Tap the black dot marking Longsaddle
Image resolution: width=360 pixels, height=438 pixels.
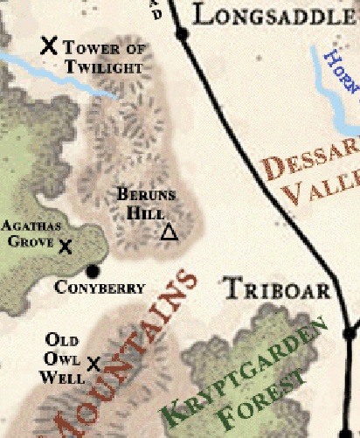point(182,34)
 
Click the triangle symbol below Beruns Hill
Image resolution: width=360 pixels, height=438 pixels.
point(169,233)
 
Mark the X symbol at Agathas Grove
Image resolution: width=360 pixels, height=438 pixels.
point(65,247)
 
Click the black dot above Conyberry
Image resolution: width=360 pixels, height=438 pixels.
point(93,270)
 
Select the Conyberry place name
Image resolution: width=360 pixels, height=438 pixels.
point(99,287)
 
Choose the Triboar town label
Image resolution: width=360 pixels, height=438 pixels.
point(275,289)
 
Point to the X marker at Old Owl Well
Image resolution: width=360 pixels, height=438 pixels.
point(93,363)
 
